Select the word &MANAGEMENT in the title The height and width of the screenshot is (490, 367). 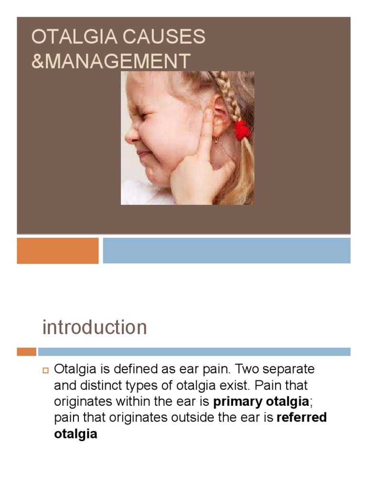coord(111,62)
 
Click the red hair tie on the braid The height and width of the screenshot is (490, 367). coord(242,130)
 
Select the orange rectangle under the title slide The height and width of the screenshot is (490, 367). coord(57,251)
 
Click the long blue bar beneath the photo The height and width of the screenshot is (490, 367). coord(227,251)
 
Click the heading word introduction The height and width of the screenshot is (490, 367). coord(95,328)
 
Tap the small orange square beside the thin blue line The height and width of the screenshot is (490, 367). coord(26,352)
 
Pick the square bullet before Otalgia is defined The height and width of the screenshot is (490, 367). coord(46,370)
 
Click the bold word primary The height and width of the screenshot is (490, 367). coord(237,401)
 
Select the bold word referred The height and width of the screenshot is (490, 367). coord(302,417)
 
